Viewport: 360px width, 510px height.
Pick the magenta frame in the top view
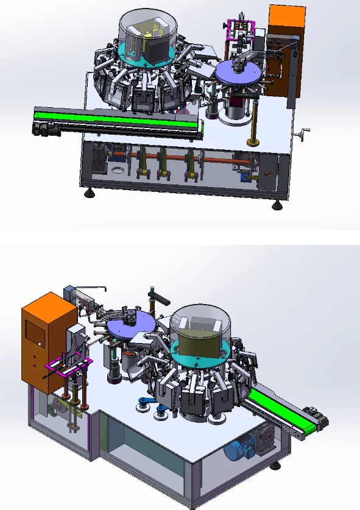pyautogui.click(x=241, y=29)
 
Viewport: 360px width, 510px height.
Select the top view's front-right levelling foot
pyautogui.click(x=277, y=205)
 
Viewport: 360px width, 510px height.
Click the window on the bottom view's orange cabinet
pyautogui.click(x=34, y=334)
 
